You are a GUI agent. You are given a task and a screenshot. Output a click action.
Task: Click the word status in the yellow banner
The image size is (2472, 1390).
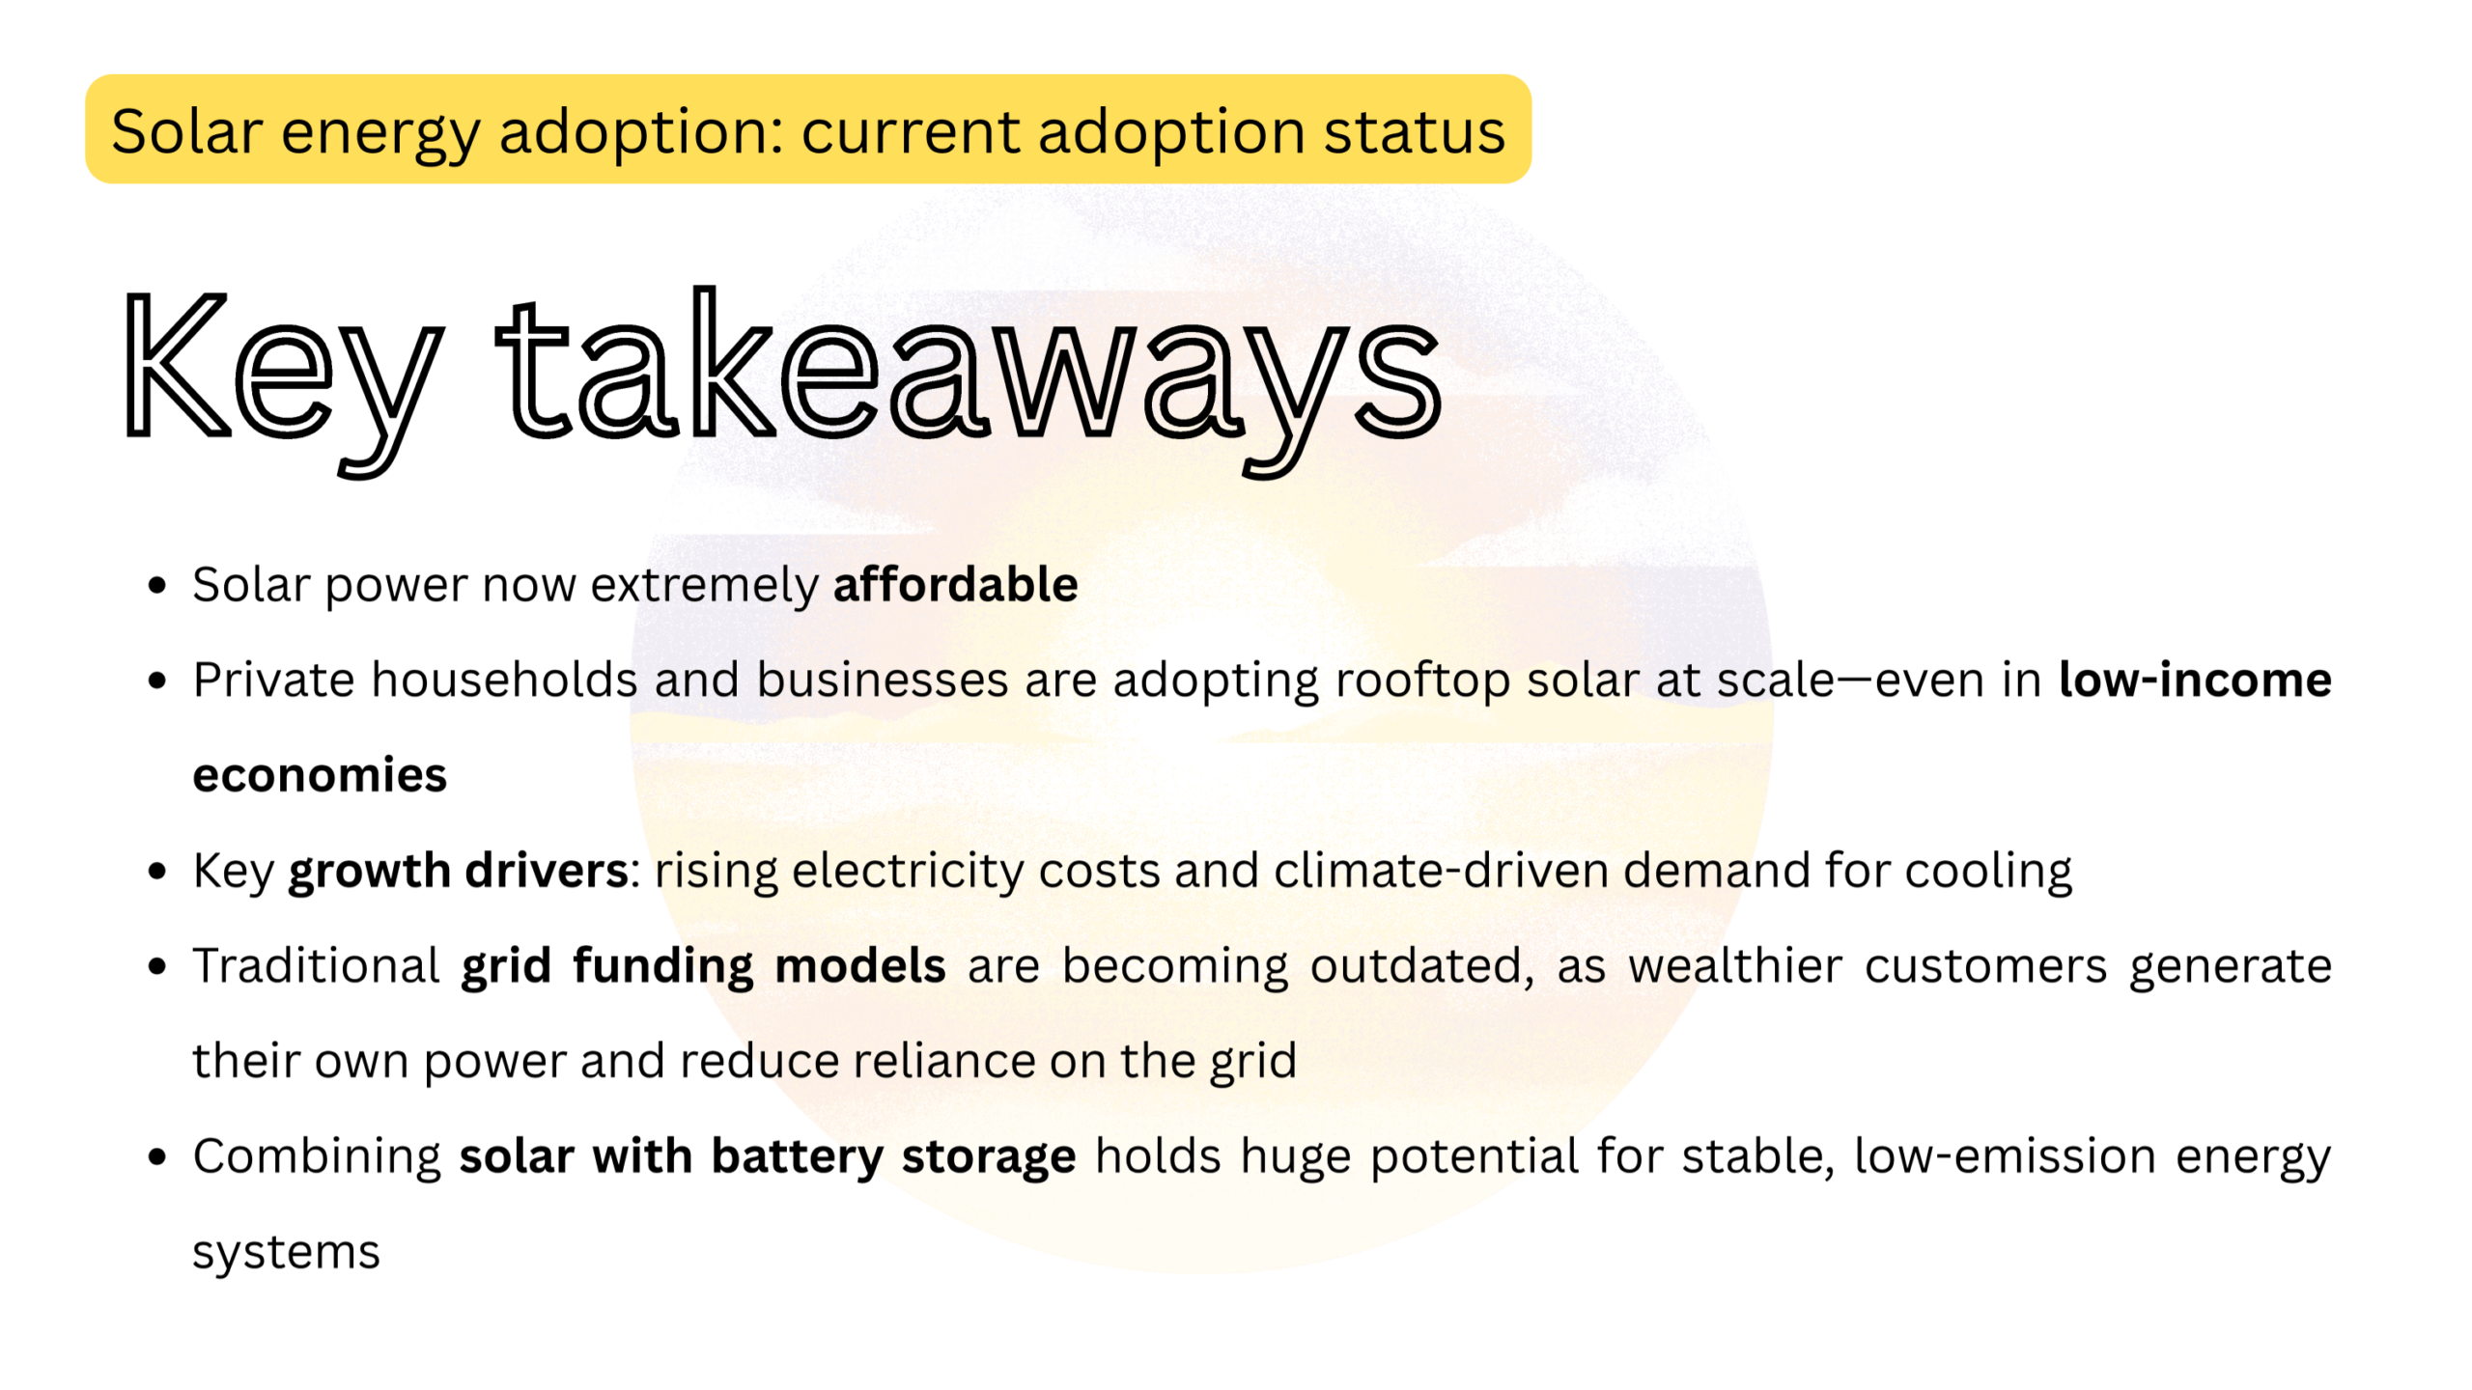pyautogui.click(x=1414, y=131)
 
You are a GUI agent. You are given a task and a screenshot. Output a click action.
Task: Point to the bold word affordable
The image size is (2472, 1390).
pyautogui.click(x=955, y=585)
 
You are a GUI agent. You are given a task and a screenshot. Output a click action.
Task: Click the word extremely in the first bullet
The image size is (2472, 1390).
pyautogui.click(x=704, y=585)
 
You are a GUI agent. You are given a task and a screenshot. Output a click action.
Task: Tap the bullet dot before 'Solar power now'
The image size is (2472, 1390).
pyautogui.click(x=157, y=585)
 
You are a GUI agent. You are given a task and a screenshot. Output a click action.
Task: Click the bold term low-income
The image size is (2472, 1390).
pyautogui.click(x=2195, y=680)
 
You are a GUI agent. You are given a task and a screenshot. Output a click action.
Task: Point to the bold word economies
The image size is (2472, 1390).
pyautogui.click(x=320, y=775)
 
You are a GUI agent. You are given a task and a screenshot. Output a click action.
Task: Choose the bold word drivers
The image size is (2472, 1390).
pyautogui.click(x=547, y=871)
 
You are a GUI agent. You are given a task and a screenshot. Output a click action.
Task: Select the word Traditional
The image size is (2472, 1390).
pyautogui.click(x=317, y=966)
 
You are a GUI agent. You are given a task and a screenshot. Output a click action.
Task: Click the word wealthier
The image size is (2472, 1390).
pyautogui.click(x=1735, y=966)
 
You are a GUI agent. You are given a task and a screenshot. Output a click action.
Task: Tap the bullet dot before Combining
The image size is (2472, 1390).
pyautogui.click(x=157, y=1156)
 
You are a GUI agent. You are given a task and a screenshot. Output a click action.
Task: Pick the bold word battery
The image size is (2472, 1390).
pyautogui.click(x=797, y=1156)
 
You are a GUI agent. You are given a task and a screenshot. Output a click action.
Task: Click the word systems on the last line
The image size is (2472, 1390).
pyautogui.click(x=286, y=1252)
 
